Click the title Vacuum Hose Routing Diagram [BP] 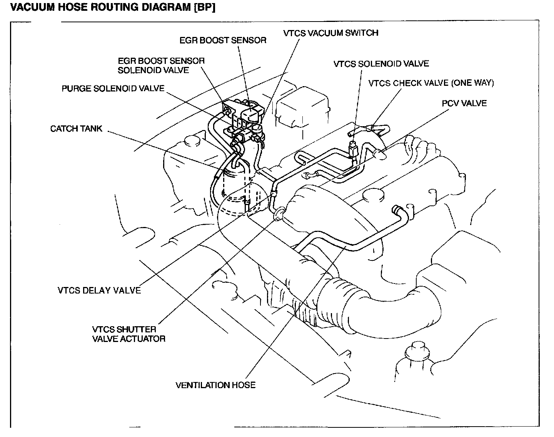[x=112, y=8]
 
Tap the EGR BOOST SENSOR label [x=223, y=40]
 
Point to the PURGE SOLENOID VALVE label [x=113, y=88]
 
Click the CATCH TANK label [x=76, y=128]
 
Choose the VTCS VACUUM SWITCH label [x=330, y=33]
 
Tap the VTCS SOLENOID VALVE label [x=381, y=63]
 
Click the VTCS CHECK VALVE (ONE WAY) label [x=431, y=83]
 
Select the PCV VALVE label [x=464, y=103]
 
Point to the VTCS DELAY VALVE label [x=99, y=290]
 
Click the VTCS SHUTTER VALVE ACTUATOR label [x=128, y=334]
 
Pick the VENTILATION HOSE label [x=215, y=385]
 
